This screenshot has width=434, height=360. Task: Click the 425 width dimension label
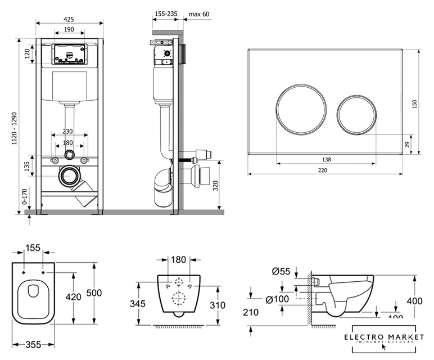point(69,19)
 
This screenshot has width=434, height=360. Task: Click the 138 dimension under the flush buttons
point(327,159)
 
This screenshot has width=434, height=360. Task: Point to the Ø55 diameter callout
point(281,272)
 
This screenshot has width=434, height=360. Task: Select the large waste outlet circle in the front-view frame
point(70,176)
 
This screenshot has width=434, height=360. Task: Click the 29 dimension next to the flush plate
point(407,145)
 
